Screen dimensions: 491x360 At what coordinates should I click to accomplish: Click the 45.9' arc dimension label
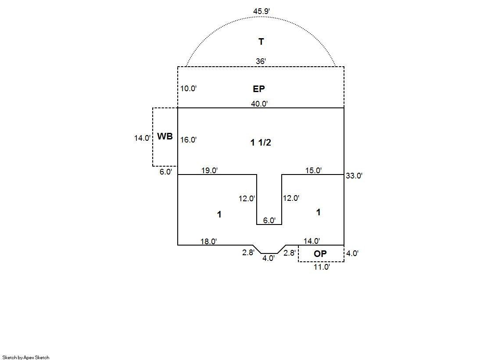pos(262,11)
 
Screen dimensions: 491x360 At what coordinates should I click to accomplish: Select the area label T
pos(261,41)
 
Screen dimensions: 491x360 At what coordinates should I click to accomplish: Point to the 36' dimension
pos(261,61)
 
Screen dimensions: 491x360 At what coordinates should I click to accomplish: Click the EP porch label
pos(258,89)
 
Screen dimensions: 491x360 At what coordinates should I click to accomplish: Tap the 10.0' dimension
pos(189,89)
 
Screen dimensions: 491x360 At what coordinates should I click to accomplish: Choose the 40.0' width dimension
pos(259,103)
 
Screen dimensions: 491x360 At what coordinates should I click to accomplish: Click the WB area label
pos(165,136)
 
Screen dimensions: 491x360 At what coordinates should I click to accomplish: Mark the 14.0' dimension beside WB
pos(142,138)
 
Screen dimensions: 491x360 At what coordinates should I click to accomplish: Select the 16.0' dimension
pos(189,140)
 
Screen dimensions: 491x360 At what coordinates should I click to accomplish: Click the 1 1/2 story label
pos(261,143)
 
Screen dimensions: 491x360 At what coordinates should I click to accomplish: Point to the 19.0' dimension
pos(209,171)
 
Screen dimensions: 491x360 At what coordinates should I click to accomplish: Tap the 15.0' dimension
pos(313,171)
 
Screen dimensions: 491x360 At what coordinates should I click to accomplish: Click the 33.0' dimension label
pos(354,176)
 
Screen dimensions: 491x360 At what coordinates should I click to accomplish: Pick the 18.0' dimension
pos(208,241)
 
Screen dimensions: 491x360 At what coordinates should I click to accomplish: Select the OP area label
pos(320,253)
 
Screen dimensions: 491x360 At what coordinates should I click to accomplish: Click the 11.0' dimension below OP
pos(322,267)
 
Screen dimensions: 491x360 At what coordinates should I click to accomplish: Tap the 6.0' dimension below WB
pos(166,172)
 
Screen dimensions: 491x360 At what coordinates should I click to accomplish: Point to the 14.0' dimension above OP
pos(312,241)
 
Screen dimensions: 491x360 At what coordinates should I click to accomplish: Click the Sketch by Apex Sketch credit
pos(26,357)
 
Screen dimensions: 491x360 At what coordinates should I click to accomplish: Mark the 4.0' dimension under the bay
pos(269,258)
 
